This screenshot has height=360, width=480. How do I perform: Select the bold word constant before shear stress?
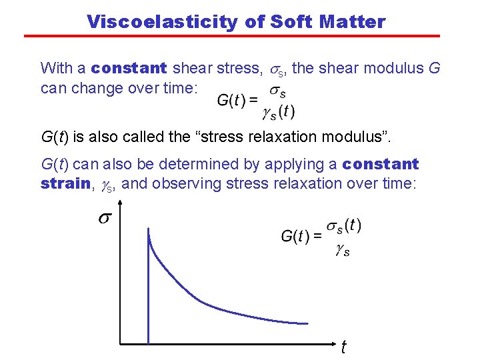coord(129,68)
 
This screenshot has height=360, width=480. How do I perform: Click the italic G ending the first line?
coord(435,68)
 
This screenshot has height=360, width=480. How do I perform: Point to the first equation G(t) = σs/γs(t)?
coord(256,101)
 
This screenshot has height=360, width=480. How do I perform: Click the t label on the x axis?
coord(343,347)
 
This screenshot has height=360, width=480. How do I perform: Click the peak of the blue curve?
coord(147,228)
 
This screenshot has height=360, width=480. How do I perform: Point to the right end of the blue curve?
coord(307,324)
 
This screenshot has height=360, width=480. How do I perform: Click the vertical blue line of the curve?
coord(147,293)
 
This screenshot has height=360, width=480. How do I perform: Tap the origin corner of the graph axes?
coord(120,344)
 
